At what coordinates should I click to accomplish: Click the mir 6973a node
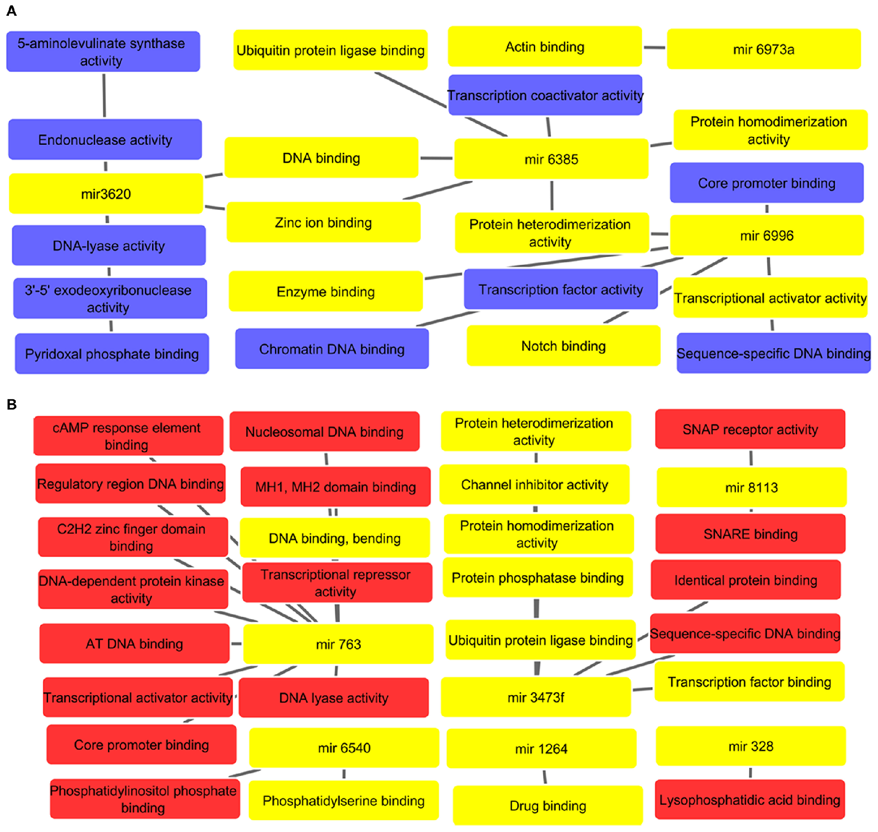pyautogui.click(x=764, y=49)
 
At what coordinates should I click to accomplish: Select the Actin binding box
pyautogui.click(x=545, y=47)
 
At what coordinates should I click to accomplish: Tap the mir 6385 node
pyautogui.click(x=551, y=159)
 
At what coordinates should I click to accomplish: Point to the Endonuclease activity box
pyautogui.click(x=105, y=140)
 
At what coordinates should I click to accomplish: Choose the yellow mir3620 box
pyautogui.click(x=106, y=194)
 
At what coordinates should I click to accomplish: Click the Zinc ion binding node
pyautogui.click(x=323, y=223)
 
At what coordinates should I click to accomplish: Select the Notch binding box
pyautogui.click(x=563, y=346)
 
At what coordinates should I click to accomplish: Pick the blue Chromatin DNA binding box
pyautogui.click(x=331, y=349)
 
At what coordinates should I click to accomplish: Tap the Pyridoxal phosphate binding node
pyautogui.click(x=111, y=354)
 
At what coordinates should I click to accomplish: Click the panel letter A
pyautogui.click(x=11, y=11)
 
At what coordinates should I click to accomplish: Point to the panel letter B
pyautogui.click(x=11, y=405)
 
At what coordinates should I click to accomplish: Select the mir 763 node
pyautogui.click(x=338, y=644)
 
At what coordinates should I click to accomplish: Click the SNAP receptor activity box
pyautogui.click(x=750, y=429)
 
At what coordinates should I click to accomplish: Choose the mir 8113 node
pyautogui.click(x=751, y=487)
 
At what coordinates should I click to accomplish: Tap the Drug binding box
pyautogui.click(x=548, y=806)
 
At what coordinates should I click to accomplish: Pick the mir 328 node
pyautogui.click(x=751, y=746)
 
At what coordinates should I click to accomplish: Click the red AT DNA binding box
pyautogui.click(x=134, y=644)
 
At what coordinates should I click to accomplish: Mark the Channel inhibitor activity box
pyautogui.click(x=534, y=484)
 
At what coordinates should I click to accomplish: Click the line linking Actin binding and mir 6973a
pyautogui.click(x=654, y=48)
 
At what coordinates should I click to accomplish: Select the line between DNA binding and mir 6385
pyautogui.click(x=436, y=158)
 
